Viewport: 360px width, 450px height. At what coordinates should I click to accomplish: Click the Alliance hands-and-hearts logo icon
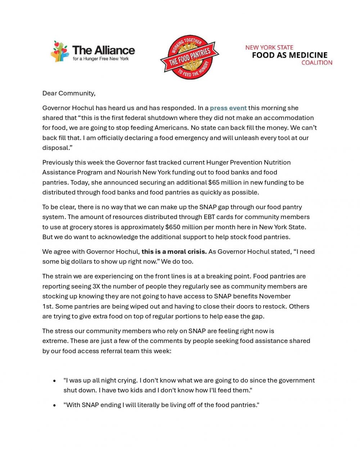click(60, 51)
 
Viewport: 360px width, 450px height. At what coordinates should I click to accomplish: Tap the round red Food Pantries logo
click(190, 57)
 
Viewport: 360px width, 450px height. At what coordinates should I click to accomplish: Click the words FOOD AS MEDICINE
click(289, 55)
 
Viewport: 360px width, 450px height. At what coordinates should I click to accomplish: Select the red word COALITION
click(316, 63)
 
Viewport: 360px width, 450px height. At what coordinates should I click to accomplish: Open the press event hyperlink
click(228, 108)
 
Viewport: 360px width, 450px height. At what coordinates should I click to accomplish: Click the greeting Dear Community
click(69, 93)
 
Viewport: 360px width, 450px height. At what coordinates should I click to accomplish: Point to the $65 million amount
click(225, 182)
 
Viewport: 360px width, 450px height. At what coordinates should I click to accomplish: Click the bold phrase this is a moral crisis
click(174, 251)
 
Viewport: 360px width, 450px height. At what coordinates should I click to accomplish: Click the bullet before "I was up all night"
click(54, 381)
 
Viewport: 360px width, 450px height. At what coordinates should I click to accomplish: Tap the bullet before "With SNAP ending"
click(54, 405)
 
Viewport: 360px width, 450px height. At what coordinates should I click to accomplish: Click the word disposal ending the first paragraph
click(55, 148)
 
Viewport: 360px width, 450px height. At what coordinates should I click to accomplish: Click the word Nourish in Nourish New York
click(129, 172)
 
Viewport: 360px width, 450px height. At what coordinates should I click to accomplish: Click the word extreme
click(55, 341)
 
